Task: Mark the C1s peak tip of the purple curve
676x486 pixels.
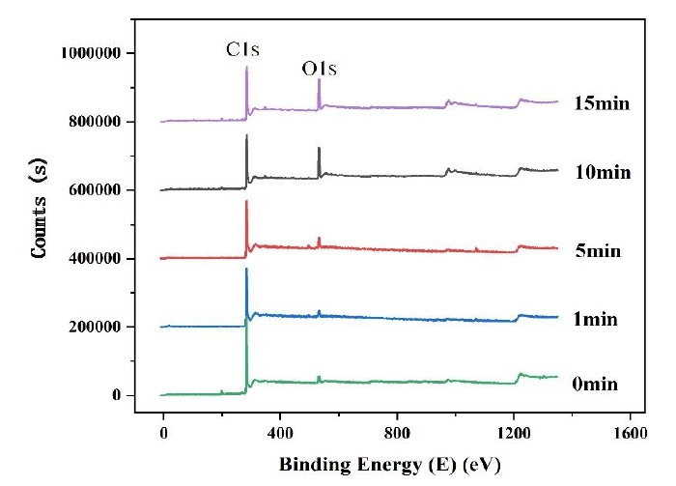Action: [247, 67]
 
